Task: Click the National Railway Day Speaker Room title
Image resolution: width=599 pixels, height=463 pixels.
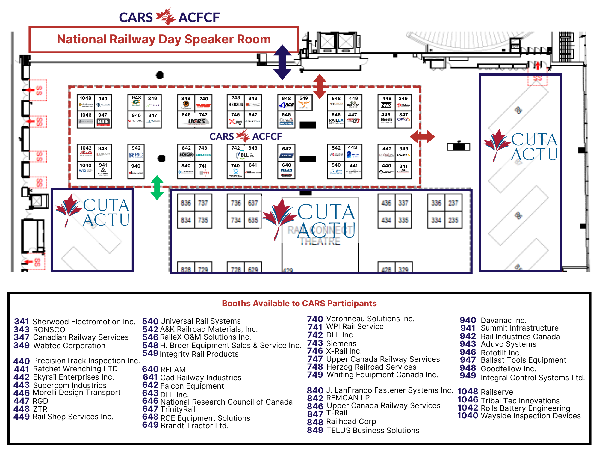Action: tap(164, 40)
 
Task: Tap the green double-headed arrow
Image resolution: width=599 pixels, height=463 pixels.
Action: tap(157, 188)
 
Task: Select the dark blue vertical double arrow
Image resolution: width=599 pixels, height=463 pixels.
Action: tap(282, 62)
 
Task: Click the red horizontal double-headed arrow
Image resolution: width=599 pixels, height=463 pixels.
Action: tap(422, 137)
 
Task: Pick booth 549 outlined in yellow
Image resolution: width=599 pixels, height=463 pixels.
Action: tap(304, 103)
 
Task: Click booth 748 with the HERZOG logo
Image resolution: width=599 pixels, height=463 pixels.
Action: tap(236, 103)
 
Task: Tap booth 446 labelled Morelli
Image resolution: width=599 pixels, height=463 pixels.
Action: tap(386, 120)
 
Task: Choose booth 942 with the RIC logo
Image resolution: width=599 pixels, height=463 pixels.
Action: tap(136, 153)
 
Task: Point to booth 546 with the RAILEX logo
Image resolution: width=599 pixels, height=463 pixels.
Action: tap(336, 120)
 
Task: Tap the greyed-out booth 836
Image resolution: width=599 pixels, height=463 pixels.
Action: tap(186, 203)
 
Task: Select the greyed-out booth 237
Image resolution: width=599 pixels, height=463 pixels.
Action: tap(453, 203)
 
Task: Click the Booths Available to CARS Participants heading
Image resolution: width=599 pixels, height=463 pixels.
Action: tap(299, 303)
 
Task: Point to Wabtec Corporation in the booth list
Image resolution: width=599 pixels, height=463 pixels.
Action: tap(69, 346)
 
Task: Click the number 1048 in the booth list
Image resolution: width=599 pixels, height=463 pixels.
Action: tap(468, 392)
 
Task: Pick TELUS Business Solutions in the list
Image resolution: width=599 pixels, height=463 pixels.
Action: tap(373, 430)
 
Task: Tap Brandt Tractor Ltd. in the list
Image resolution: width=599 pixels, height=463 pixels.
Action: tap(194, 426)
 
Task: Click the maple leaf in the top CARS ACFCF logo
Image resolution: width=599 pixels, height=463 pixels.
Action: tap(166, 16)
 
